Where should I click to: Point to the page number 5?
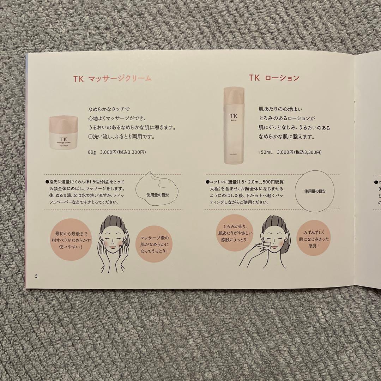(x=36, y=276)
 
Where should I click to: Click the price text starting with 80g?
(x=117, y=152)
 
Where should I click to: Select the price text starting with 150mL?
(x=289, y=152)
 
